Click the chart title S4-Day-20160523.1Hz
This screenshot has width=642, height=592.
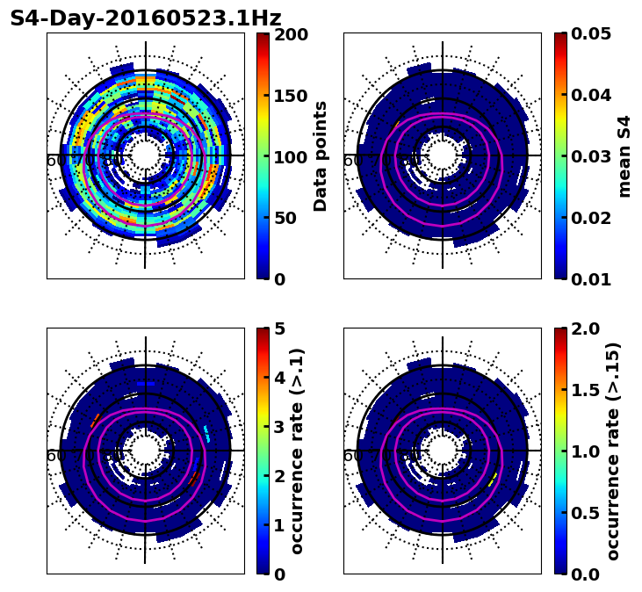click(146, 18)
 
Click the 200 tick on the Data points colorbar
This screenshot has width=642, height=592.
click(291, 34)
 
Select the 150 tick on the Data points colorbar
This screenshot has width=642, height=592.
click(291, 96)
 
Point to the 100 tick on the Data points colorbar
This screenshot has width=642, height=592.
click(291, 157)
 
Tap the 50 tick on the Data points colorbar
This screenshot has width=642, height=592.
click(285, 218)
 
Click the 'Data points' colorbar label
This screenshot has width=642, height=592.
click(321, 156)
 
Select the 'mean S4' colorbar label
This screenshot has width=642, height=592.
click(624, 156)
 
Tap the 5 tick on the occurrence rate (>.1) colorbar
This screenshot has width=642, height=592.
click(280, 329)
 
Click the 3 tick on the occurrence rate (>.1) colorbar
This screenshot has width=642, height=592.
click(280, 428)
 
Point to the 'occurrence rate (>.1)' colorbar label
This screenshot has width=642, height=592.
click(297, 451)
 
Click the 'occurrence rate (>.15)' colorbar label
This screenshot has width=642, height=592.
click(613, 451)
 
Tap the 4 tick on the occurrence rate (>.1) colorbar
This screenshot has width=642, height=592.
click(280, 379)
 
